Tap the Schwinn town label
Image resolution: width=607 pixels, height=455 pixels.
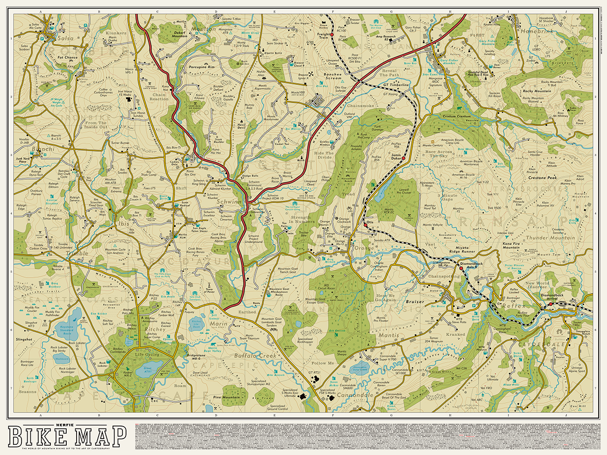coord(230,202)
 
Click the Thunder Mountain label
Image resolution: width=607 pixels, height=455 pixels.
coord(550,238)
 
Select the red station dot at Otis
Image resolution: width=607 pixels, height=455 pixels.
coord(366,225)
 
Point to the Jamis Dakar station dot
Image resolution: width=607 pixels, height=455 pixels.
coord(403,159)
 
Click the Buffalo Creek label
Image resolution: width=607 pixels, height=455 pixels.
coord(255,356)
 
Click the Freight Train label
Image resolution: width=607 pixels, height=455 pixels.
coord(324,35)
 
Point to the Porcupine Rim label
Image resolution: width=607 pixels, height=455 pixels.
coord(202,67)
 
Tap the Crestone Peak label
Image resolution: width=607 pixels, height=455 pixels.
coord(543,178)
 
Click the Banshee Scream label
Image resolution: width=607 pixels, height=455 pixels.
coord(333,76)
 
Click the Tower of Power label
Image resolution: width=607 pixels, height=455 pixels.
coord(210,291)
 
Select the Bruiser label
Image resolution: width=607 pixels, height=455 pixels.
coord(415,301)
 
